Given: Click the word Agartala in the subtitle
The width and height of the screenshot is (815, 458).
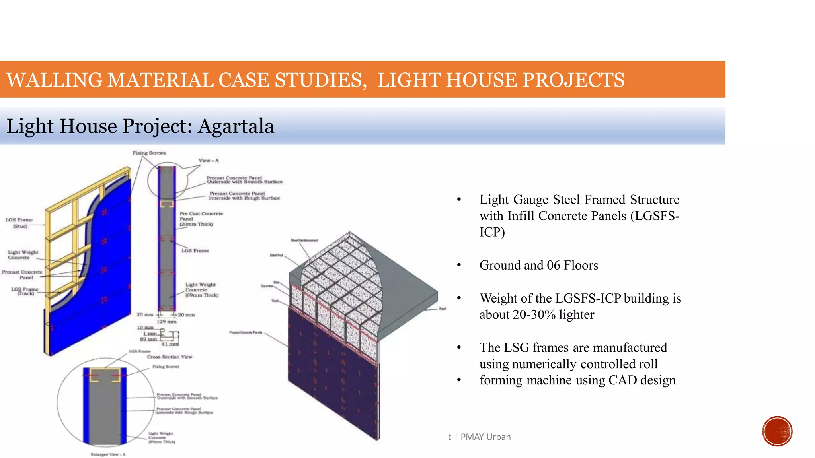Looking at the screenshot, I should pos(236,126).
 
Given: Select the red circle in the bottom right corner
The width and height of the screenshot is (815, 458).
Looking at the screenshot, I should pos(777,431).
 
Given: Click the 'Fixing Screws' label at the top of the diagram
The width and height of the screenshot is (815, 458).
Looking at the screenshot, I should pos(149,153).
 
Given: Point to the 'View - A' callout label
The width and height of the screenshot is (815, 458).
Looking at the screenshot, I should pos(209,161).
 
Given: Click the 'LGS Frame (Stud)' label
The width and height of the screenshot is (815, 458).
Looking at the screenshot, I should pos(19,223).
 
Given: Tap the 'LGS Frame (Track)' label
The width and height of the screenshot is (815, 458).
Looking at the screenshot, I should pos(25,291).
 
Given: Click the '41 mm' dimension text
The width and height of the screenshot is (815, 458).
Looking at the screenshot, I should pos(170,344).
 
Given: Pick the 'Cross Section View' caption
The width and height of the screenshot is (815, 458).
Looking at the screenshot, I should pos(170,357).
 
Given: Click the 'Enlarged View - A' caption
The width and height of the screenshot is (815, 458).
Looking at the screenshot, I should pos(108,454).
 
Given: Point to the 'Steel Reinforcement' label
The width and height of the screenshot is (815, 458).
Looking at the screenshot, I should pos(304,240).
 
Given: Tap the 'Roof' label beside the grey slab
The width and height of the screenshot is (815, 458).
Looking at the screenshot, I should pos(443,309).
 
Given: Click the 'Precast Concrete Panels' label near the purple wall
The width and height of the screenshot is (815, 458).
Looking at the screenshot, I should pos(246,332).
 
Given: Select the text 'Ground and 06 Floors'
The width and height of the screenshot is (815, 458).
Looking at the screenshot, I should pos(538,265).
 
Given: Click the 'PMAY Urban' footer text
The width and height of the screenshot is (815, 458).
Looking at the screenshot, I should pos(485,437).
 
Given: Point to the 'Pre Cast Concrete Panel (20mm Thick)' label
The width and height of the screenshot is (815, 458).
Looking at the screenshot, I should pos(201,219).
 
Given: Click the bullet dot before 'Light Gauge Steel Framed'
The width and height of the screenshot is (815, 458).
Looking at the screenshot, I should pos(459,200).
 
